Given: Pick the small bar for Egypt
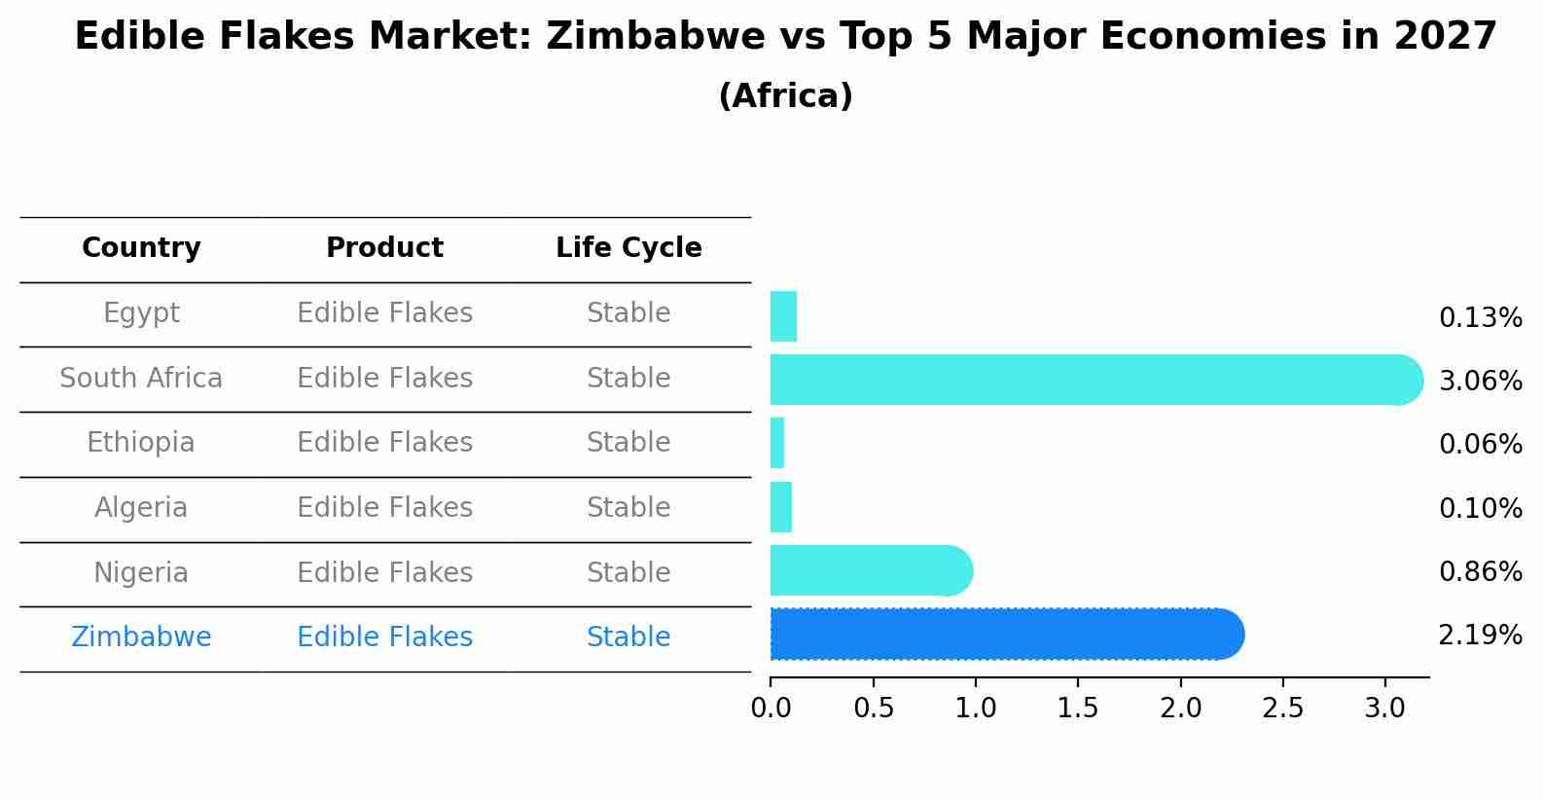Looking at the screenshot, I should [783, 316].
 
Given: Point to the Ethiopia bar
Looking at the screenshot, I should [777, 443].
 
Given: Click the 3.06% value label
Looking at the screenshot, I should [1480, 382].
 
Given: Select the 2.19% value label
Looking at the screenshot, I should [1480, 636].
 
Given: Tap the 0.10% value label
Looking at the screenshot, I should [1480, 508].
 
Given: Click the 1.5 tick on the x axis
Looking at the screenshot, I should [1078, 709].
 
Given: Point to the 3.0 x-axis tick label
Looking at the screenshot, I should [1384, 709].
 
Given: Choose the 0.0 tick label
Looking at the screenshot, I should [771, 709].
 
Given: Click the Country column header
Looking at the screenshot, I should [141, 248].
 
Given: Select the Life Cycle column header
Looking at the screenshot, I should [628, 248].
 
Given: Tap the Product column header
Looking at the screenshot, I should [384, 248].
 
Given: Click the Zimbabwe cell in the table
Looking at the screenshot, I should [141, 637].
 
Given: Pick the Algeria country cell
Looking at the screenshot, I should [141, 508].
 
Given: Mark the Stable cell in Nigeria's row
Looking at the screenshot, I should [628, 572].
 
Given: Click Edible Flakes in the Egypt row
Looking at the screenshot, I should [384, 313].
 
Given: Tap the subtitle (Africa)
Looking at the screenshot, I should [785, 96].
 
